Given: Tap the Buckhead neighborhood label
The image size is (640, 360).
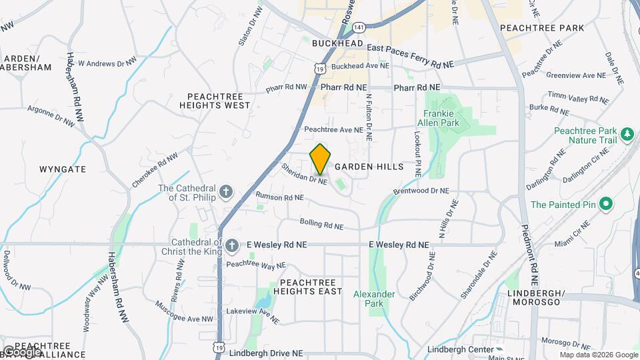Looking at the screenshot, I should (x=338, y=43).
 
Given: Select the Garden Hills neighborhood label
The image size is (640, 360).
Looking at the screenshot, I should (x=369, y=167).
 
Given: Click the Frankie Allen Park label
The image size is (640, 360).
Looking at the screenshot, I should (x=438, y=118).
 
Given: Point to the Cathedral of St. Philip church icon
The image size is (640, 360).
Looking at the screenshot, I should (x=226, y=193).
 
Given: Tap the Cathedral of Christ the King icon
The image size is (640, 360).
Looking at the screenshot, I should (x=231, y=246).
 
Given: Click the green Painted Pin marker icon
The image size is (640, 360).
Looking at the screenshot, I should (x=605, y=204).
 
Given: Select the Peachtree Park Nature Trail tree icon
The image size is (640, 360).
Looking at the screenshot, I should (x=627, y=135).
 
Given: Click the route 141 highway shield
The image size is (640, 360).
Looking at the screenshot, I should (x=359, y=27).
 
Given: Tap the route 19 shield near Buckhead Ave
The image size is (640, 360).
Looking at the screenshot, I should (x=321, y=68).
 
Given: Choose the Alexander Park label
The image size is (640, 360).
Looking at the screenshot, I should (x=374, y=299).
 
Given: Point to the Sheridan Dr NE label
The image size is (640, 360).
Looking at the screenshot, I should (x=305, y=174).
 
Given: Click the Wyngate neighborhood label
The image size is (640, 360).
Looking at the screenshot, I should (x=63, y=169).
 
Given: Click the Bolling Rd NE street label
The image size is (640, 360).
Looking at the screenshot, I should (x=321, y=225).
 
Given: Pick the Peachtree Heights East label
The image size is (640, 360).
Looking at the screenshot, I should (x=307, y=287).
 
